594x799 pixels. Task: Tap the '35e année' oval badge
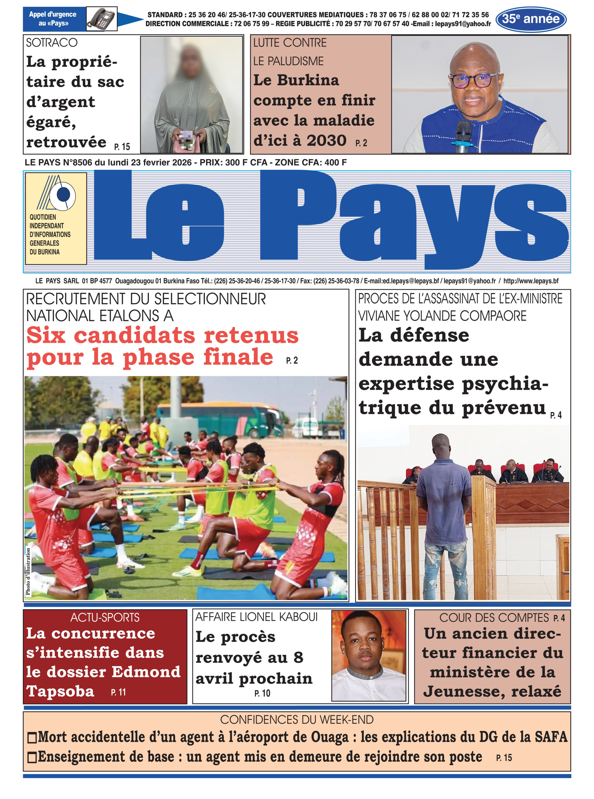pyautogui.click(x=531, y=19)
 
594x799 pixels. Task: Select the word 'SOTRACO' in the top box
pyautogui.click(x=52, y=43)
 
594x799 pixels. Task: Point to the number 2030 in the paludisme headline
pyautogui.click(x=326, y=140)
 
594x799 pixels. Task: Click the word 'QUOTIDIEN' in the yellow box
pyautogui.click(x=43, y=217)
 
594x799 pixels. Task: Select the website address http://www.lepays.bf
pyautogui.click(x=531, y=281)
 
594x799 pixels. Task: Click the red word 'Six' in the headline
pyautogui.click(x=46, y=335)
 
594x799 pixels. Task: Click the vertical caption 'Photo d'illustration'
pyautogui.click(x=28, y=571)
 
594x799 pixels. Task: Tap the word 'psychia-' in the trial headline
pyautogui.click(x=505, y=384)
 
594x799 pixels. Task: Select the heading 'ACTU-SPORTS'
pyautogui.click(x=105, y=618)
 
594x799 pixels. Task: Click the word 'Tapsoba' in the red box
pyautogui.click(x=60, y=691)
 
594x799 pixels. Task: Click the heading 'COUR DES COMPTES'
pyautogui.click(x=494, y=618)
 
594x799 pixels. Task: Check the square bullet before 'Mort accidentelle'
pyautogui.click(x=32, y=738)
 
